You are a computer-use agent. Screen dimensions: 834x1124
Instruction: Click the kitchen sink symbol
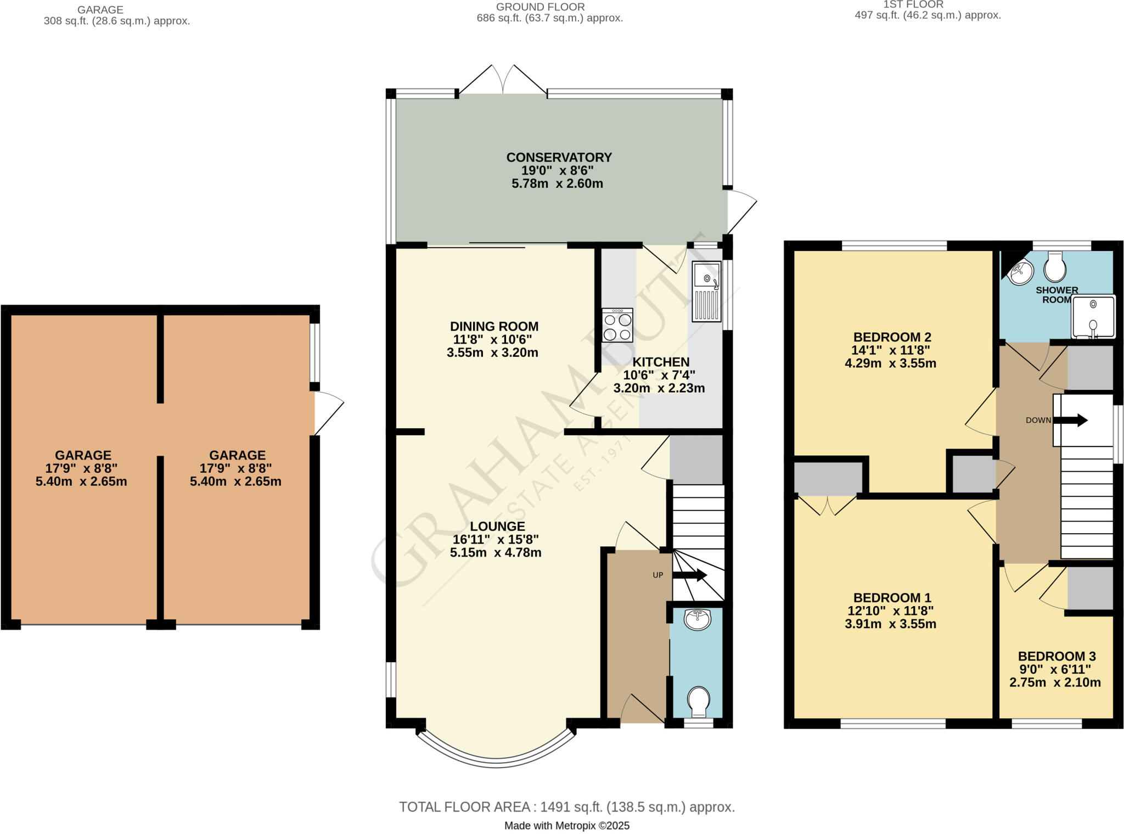706,292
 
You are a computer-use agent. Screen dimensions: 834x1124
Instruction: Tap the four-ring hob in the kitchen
617,325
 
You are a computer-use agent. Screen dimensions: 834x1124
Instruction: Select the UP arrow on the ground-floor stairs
690,575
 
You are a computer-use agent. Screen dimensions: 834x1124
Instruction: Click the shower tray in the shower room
1093,317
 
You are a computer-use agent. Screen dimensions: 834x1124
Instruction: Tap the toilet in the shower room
1055,267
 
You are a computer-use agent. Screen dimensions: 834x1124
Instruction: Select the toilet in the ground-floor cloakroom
699,702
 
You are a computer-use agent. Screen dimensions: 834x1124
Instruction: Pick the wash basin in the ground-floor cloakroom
698,619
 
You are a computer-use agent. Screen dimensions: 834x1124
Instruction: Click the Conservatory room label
559,158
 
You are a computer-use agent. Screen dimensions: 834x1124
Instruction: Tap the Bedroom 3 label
1056,656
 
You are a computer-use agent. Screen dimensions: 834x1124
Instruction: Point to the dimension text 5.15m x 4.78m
496,553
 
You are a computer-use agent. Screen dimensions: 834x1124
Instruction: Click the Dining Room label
494,326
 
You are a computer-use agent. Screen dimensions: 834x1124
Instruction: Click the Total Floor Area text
566,807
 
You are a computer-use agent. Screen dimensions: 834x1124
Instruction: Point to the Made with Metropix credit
566,826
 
